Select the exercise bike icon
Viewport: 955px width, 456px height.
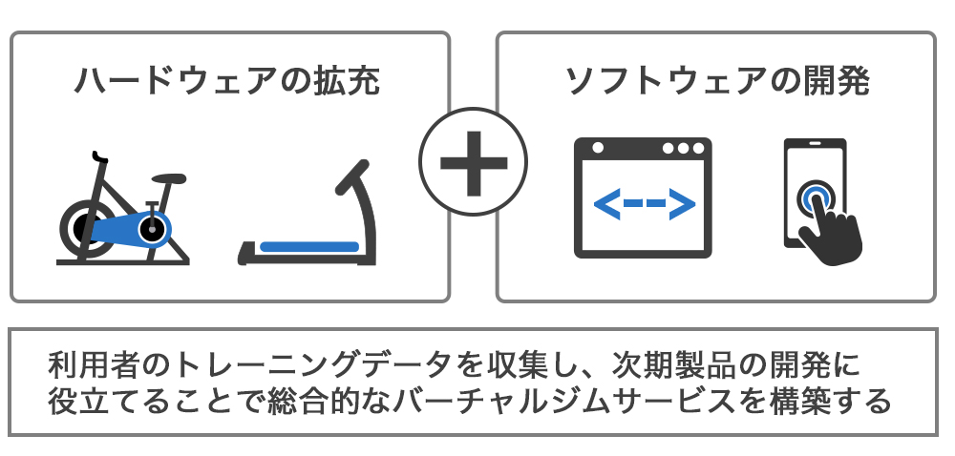click(122, 210)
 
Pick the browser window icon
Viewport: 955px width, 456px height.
click(644, 198)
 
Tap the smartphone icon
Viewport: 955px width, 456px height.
click(815, 196)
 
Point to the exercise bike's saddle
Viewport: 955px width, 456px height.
click(167, 177)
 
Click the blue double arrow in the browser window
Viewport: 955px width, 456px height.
click(644, 203)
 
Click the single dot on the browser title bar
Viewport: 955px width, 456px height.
click(598, 149)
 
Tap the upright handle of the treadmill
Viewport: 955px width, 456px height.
click(355, 186)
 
